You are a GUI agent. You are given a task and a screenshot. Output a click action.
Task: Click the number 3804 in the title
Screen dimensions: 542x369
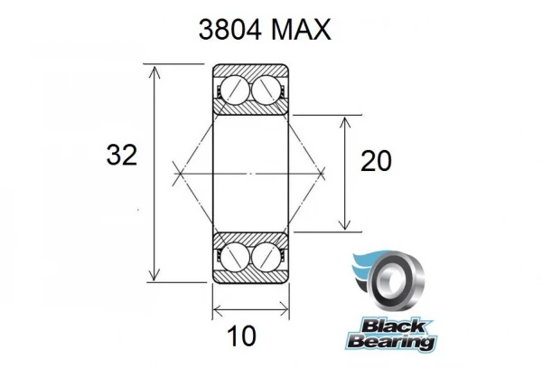pos(229,30)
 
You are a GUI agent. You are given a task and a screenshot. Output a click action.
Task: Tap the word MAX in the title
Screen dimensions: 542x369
pos(301,30)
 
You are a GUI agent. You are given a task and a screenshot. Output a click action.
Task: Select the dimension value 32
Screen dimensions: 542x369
pos(122,155)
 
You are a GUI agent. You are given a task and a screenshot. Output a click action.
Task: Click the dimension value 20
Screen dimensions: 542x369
pos(376,161)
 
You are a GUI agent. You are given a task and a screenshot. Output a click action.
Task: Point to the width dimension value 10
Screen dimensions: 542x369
pos(241,336)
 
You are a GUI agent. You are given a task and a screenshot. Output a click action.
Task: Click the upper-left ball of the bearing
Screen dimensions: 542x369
pos(235,89)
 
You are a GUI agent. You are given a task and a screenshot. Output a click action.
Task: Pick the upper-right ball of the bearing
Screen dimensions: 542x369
pos(266,89)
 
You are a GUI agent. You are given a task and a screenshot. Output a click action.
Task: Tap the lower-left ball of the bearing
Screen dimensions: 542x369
pos(235,257)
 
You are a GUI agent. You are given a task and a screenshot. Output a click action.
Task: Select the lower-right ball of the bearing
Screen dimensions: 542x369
pos(266,257)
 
